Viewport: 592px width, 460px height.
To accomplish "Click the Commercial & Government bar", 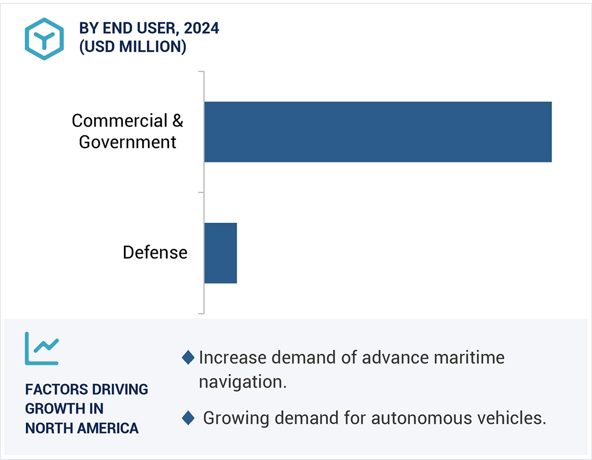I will (x=377, y=132).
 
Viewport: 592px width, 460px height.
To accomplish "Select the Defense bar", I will (x=221, y=253).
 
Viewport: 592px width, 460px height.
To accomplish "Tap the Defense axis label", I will (x=155, y=253).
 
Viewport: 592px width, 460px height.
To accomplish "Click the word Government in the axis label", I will (x=128, y=142).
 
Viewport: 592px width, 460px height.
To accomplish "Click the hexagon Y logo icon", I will (x=45, y=39).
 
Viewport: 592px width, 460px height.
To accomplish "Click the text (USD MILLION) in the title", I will (x=133, y=47).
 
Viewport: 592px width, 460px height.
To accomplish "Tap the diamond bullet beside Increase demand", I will (x=188, y=358).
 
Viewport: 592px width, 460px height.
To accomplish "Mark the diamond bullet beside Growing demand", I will (x=188, y=419).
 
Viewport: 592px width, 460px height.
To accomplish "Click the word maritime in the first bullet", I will (x=469, y=358).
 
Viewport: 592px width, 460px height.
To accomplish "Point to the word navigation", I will (x=242, y=382).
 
